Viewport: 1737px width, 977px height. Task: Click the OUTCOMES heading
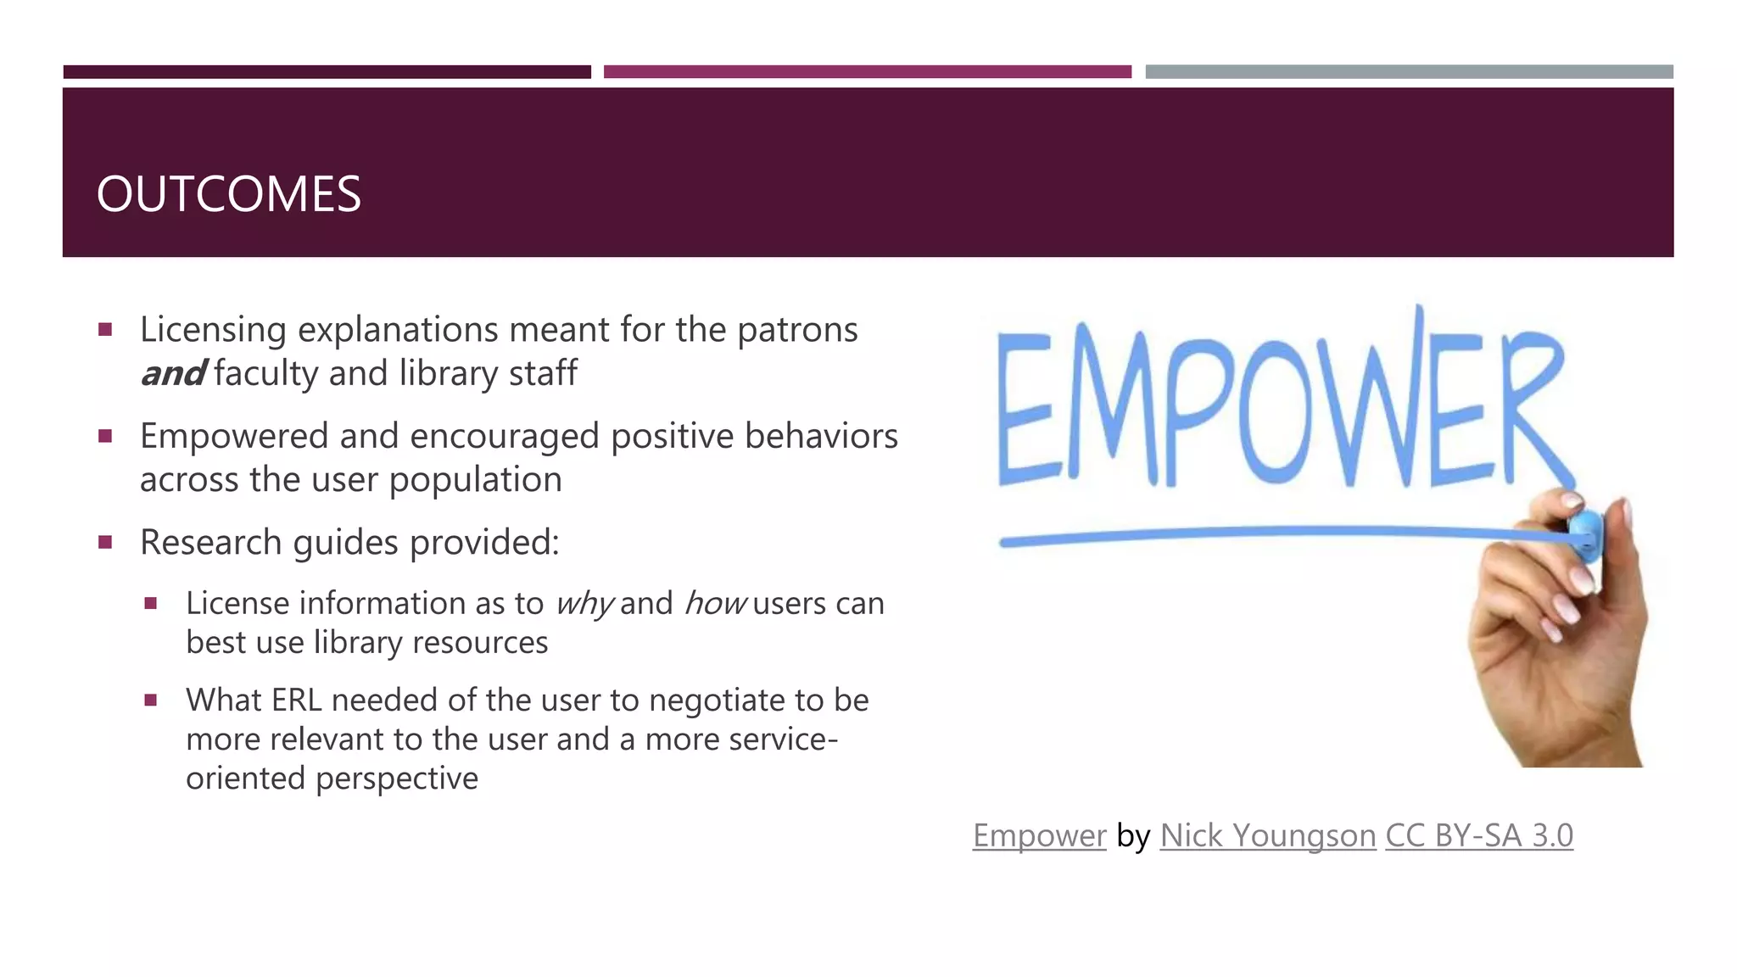click(228, 194)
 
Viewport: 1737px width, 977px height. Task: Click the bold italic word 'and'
click(172, 374)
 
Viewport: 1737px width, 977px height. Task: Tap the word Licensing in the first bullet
click(213, 330)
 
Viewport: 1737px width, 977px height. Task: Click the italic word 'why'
click(584, 604)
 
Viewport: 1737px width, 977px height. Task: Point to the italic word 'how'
click(714, 604)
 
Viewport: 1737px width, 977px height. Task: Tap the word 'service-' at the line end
click(784, 740)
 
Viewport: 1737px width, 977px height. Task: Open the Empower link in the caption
click(1039, 836)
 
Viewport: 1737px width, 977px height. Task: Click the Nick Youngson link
click(1267, 836)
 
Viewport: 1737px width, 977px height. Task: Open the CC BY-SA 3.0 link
click(1478, 836)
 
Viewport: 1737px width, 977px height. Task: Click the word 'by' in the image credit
click(1133, 836)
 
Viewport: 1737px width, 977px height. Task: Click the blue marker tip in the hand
click(1585, 534)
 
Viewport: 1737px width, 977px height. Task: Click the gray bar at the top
click(1409, 72)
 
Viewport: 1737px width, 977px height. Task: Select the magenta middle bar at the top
click(867, 72)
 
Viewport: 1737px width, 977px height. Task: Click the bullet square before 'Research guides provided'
click(105, 542)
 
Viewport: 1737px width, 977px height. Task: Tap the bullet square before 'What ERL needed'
click(151, 701)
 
